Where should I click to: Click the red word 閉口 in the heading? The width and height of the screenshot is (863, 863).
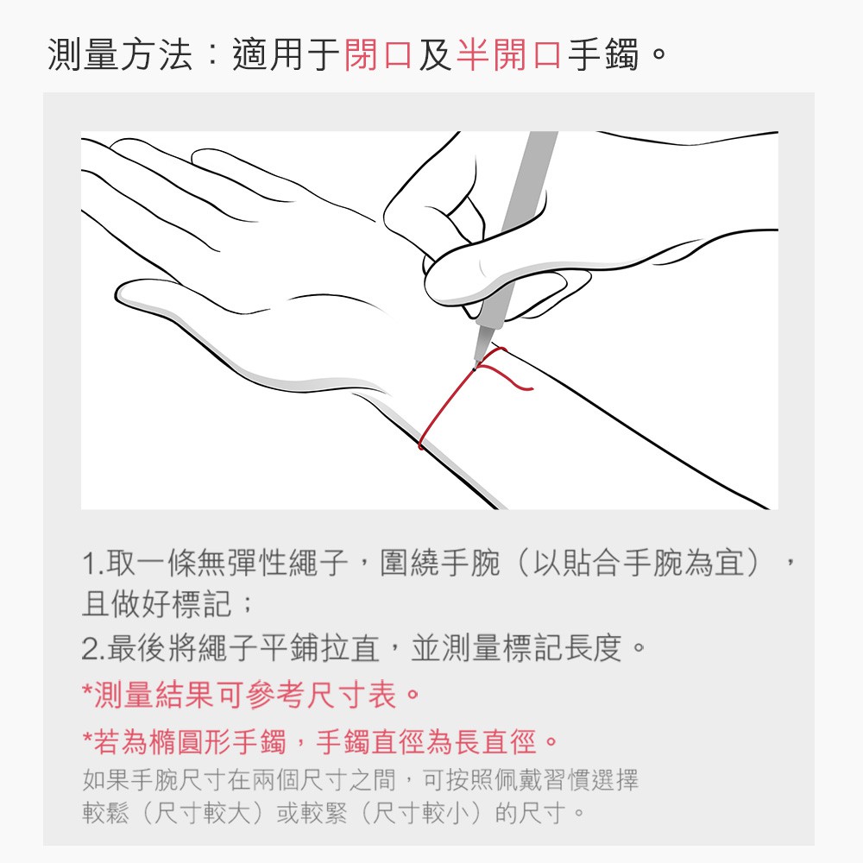(x=378, y=54)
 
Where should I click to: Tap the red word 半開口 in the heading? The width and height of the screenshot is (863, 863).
(x=508, y=54)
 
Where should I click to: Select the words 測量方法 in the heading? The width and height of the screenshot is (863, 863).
(x=121, y=54)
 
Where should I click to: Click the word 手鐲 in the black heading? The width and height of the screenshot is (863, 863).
(x=603, y=54)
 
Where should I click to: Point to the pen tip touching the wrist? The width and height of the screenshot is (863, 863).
(x=474, y=368)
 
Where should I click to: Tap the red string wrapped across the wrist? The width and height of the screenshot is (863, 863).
(x=446, y=408)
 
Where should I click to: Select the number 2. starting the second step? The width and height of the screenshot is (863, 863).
(x=93, y=648)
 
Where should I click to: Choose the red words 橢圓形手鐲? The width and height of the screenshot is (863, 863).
(x=217, y=741)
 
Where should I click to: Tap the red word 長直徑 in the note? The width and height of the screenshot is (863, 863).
(x=494, y=741)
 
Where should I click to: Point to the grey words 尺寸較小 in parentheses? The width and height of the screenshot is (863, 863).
(x=420, y=812)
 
